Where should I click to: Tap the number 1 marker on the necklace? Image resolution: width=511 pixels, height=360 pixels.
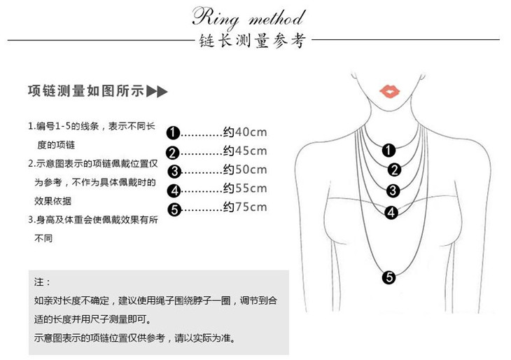click(389, 148)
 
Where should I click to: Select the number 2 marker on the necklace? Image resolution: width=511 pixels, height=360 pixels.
click(394, 169)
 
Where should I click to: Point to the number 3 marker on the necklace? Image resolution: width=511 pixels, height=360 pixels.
click(393, 190)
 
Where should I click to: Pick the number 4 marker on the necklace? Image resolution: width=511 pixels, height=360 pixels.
click(391, 212)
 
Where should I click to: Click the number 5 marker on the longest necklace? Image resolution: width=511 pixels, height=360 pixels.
click(390, 277)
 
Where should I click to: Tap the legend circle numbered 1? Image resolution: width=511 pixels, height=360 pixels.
click(174, 133)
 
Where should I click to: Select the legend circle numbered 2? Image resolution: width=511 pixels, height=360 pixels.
click(174, 153)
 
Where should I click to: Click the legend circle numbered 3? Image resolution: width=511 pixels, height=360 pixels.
click(174, 171)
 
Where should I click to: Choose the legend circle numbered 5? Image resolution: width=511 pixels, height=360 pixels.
click(174, 209)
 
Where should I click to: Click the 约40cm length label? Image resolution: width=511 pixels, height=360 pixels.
click(245, 132)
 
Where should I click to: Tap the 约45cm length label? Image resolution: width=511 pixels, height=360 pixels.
click(245, 151)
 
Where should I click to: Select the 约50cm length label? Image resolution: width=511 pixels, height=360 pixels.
click(245, 169)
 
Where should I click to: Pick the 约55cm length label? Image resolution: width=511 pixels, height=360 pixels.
click(245, 188)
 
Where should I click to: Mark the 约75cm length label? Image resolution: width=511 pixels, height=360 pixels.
click(245, 207)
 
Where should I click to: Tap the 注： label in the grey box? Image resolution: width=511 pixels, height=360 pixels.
click(43, 282)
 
